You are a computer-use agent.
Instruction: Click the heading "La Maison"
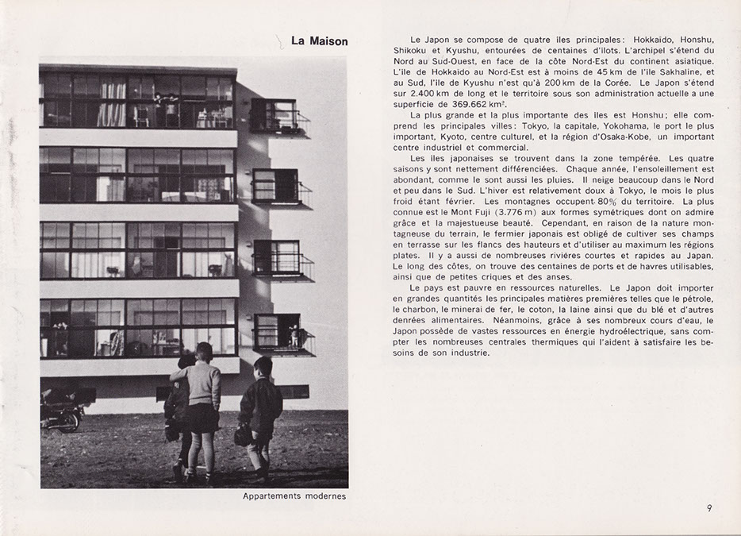tap(319, 41)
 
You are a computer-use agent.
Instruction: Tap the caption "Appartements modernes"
tap(294, 497)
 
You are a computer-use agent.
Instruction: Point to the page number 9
tap(708, 509)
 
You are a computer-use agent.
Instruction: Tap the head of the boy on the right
tap(263, 367)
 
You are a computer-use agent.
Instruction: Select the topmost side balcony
tap(278, 116)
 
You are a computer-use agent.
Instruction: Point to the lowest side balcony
tap(282, 335)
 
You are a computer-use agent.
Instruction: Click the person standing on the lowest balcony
tap(294, 335)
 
